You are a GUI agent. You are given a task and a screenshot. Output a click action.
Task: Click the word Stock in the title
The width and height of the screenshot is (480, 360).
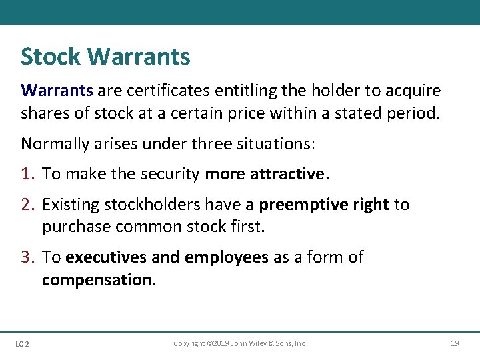click(51, 57)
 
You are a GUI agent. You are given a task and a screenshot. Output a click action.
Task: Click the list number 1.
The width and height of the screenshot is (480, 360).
click(27, 174)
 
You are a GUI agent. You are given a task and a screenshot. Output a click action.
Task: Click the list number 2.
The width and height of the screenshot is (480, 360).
click(27, 205)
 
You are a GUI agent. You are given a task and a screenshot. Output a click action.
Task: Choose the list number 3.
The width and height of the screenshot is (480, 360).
click(27, 257)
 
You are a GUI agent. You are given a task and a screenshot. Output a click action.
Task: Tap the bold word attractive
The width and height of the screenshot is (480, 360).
click(287, 174)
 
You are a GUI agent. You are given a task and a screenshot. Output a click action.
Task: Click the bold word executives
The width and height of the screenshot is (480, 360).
click(106, 257)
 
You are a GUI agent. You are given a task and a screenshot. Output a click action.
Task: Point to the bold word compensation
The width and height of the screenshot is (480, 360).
click(97, 280)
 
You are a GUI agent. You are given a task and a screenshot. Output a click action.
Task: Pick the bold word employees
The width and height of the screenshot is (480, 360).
click(226, 257)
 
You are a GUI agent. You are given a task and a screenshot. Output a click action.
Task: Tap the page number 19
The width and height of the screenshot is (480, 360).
click(455, 343)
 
